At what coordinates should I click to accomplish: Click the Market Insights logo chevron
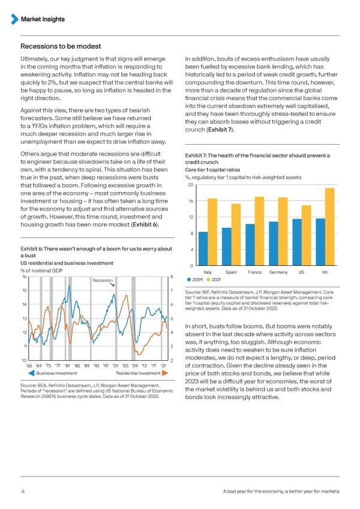click(15, 19)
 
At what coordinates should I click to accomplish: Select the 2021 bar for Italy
click(212, 232)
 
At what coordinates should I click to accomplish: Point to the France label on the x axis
click(254, 273)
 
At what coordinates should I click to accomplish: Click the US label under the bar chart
click(301, 273)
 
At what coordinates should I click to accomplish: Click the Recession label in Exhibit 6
click(103, 280)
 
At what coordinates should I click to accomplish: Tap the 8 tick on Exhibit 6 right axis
click(172, 276)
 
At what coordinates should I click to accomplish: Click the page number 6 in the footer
click(22, 492)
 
